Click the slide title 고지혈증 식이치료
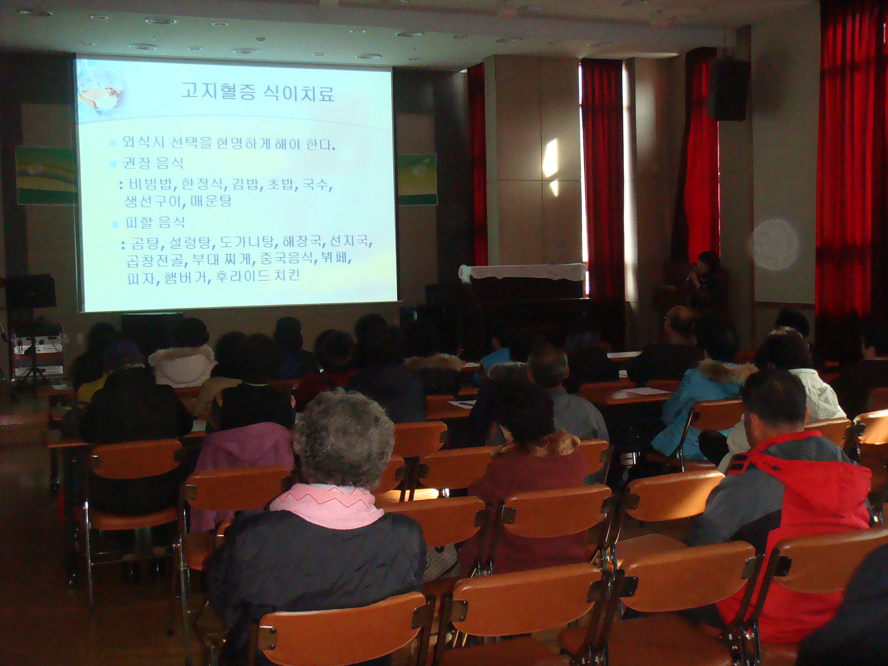(x=258, y=93)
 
